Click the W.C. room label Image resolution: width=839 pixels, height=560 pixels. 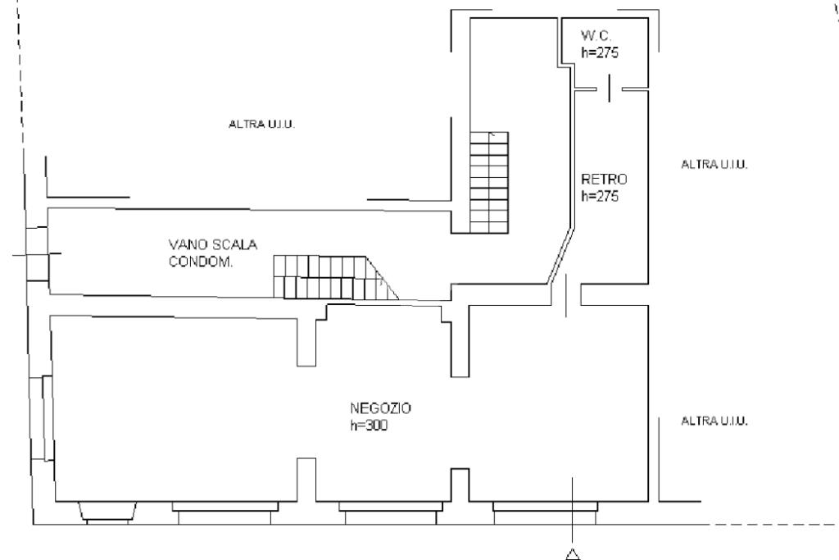pos(596,36)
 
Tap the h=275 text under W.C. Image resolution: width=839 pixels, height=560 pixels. pos(600,52)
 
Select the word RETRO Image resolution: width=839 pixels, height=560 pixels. pos(604,179)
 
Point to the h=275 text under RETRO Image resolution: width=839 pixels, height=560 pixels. pos(600,196)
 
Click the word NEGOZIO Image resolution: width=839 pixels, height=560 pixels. pos(380,408)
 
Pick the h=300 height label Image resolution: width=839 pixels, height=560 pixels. pos(369,425)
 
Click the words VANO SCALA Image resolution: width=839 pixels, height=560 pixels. pos(213,244)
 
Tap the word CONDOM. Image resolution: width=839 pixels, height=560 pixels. pos(201,262)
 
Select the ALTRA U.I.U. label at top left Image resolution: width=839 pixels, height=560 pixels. pos(261,124)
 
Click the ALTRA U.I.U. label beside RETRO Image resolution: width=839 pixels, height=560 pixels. pos(714,164)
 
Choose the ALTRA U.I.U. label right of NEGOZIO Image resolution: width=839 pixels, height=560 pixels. pos(714,421)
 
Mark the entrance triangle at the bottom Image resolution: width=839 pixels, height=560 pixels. pos(573,554)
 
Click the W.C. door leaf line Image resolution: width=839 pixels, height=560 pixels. pos(609,89)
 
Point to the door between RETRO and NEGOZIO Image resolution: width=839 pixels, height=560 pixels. pos(566,295)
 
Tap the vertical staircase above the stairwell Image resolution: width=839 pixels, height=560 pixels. pos(489,183)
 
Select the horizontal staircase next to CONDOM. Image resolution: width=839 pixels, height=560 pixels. pos(335,277)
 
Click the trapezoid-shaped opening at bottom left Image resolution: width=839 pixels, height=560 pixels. pos(107,511)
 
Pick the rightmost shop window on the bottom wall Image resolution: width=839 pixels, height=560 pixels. pos(545,512)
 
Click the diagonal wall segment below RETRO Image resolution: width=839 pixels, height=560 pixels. pos(560,256)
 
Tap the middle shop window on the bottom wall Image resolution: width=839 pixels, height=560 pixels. pos(391,512)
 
